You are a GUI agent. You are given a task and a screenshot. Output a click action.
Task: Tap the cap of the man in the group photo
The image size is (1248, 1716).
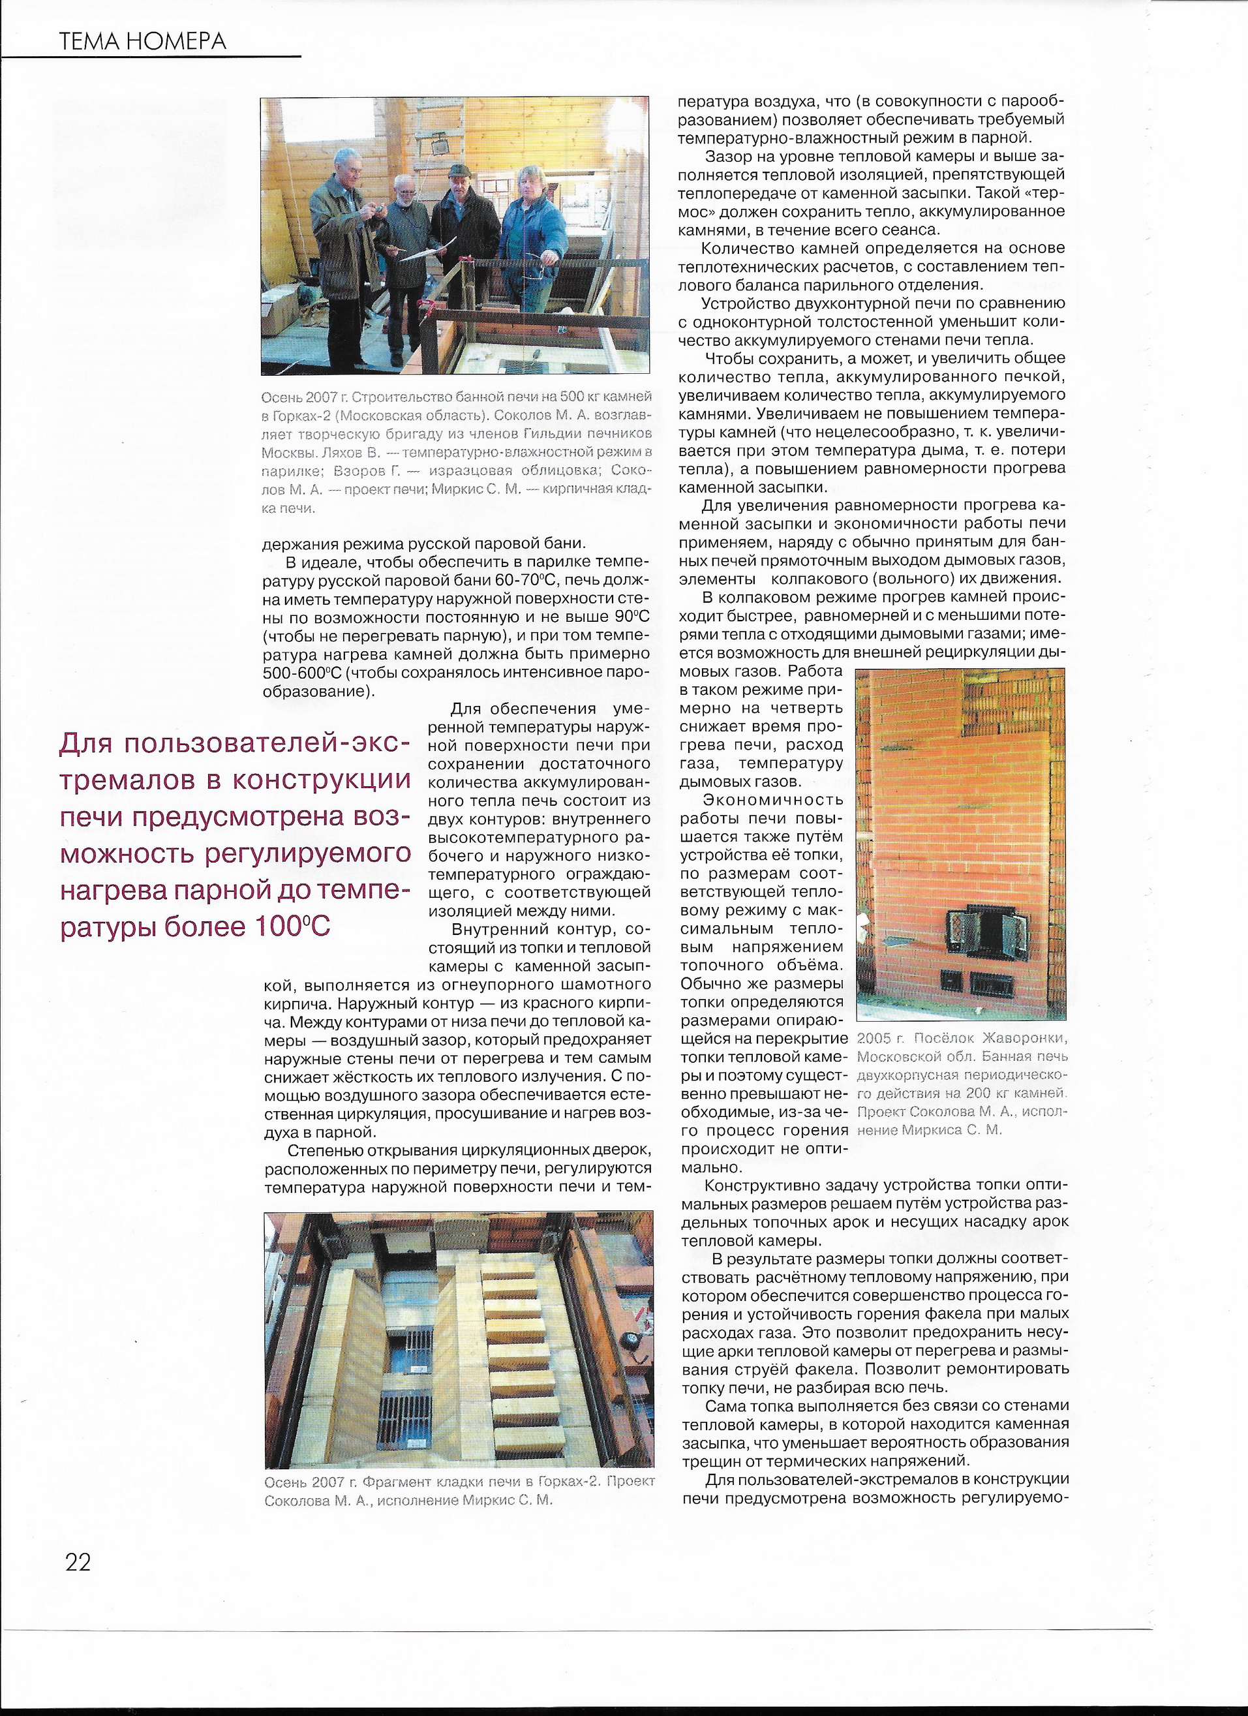coord(456,172)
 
